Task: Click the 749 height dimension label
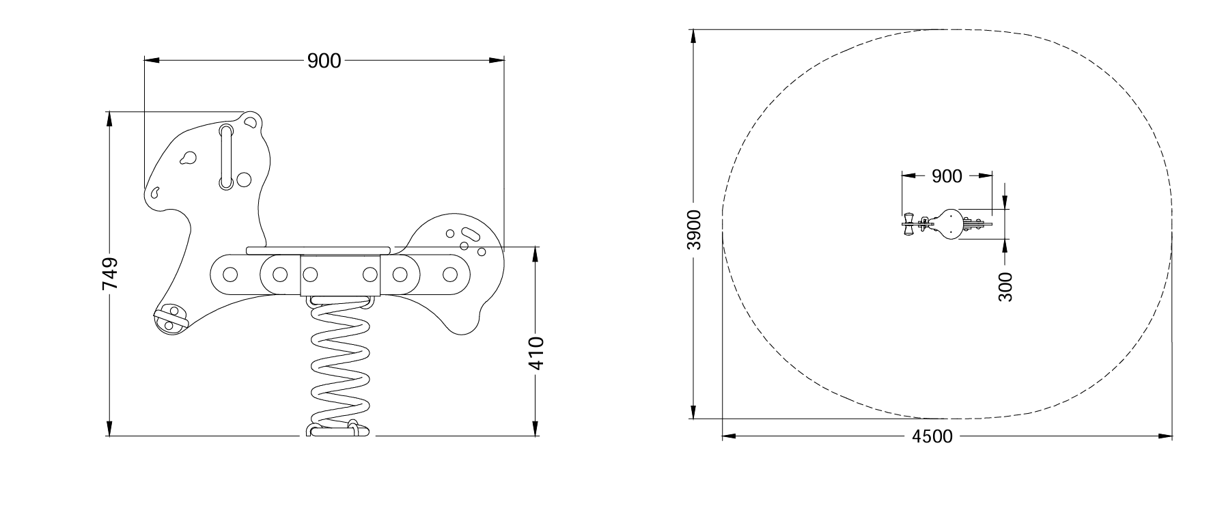pyautogui.click(x=110, y=273)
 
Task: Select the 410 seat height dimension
pyautogui.click(x=536, y=353)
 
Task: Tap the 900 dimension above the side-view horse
pyautogui.click(x=324, y=61)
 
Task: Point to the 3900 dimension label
pyautogui.click(x=694, y=229)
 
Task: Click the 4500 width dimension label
pyautogui.click(x=932, y=436)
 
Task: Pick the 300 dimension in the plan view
pyautogui.click(x=1005, y=286)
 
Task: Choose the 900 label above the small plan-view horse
pyautogui.click(x=947, y=176)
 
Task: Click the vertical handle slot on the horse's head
pyautogui.click(x=226, y=156)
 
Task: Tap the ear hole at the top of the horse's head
pyautogui.click(x=251, y=123)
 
